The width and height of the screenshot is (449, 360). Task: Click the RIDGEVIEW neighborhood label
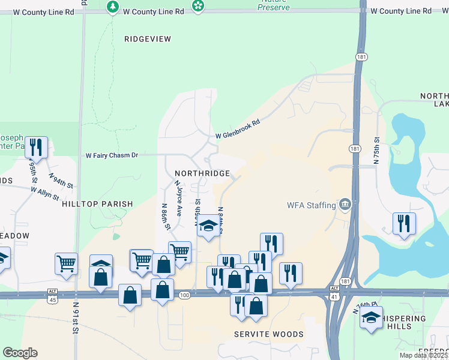(148, 39)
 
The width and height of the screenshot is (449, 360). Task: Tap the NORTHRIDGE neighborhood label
(202, 173)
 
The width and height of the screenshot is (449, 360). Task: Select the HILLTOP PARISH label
(97, 204)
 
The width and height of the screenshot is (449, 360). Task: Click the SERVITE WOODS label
(268, 334)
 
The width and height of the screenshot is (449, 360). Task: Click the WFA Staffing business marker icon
(345, 205)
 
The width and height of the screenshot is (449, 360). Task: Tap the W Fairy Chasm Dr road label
(112, 155)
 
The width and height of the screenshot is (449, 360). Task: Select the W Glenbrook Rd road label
(238, 130)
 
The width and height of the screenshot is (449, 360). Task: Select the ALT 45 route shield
(52, 295)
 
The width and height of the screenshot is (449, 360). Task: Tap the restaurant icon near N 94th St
(36, 146)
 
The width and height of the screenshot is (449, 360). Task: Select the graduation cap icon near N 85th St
(208, 226)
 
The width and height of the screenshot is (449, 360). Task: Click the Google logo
(20, 353)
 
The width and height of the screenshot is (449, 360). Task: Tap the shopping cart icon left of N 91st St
(66, 262)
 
